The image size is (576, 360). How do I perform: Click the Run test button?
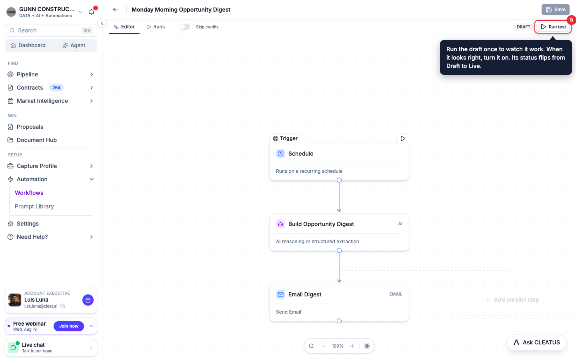(x=553, y=27)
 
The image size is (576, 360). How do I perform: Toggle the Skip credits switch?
(x=185, y=27)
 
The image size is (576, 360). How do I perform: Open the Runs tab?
(x=156, y=27)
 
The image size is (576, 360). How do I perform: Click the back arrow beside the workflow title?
(x=115, y=10)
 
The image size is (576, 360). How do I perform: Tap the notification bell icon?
(x=92, y=12)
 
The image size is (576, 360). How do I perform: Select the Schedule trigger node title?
(x=301, y=154)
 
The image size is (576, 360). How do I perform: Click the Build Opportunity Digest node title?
(x=321, y=224)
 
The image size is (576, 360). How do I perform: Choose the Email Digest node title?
(x=305, y=294)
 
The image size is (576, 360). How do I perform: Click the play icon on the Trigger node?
(x=403, y=138)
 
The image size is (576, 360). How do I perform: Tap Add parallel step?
(x=512, y=300)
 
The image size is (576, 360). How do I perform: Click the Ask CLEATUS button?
(x=536, y=342)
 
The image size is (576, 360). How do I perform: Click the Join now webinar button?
(x=69, y=326)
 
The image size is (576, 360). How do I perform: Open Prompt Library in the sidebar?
(x=34, y=206)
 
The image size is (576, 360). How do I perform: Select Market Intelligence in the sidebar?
(x=42, y=101)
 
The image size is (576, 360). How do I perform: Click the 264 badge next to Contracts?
(x=56, y=88)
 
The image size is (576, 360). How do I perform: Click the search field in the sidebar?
(x=51, y=30)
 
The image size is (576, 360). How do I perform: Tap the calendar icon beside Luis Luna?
(x=88, y=300)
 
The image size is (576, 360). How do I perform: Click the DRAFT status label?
(x=523, y=27)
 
